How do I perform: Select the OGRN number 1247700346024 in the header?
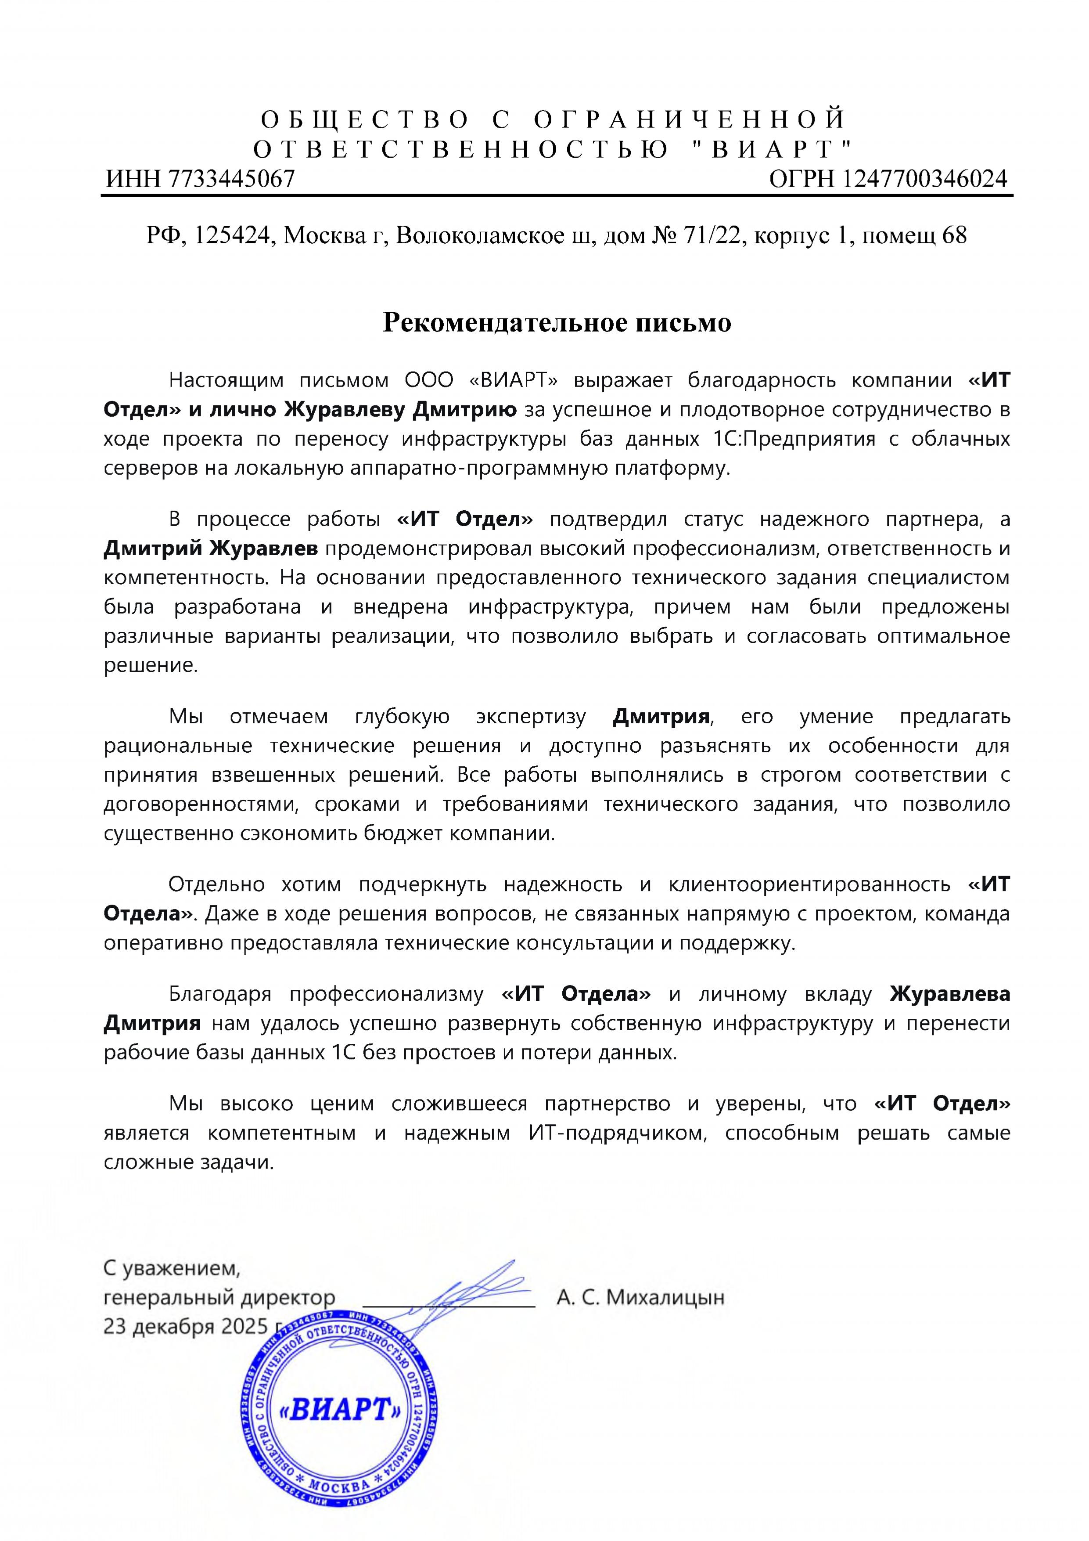point(924,179)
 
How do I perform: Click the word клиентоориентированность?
point(809,884)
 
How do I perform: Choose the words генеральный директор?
point(219,1297)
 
